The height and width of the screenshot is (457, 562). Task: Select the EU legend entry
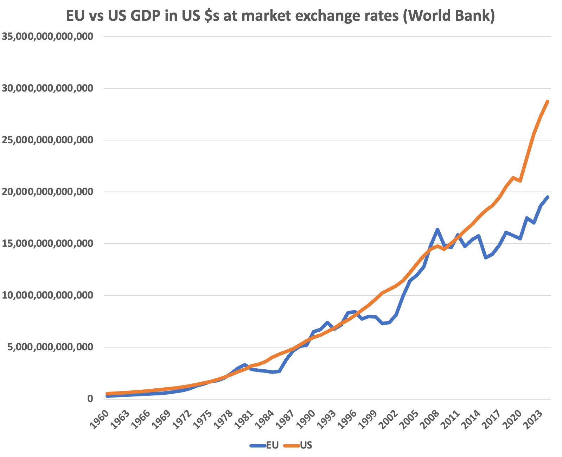click(x=264, y=445)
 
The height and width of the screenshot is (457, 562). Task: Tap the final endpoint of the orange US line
click(x=548, y=101)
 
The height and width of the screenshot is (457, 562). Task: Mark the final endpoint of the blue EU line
click(x=548, y=197)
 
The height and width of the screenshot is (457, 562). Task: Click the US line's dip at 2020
click(x=520, y=181)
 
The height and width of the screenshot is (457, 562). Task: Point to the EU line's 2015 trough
click(x=486, y=258)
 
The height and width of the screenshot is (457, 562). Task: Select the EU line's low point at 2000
click(x=382, y=323)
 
